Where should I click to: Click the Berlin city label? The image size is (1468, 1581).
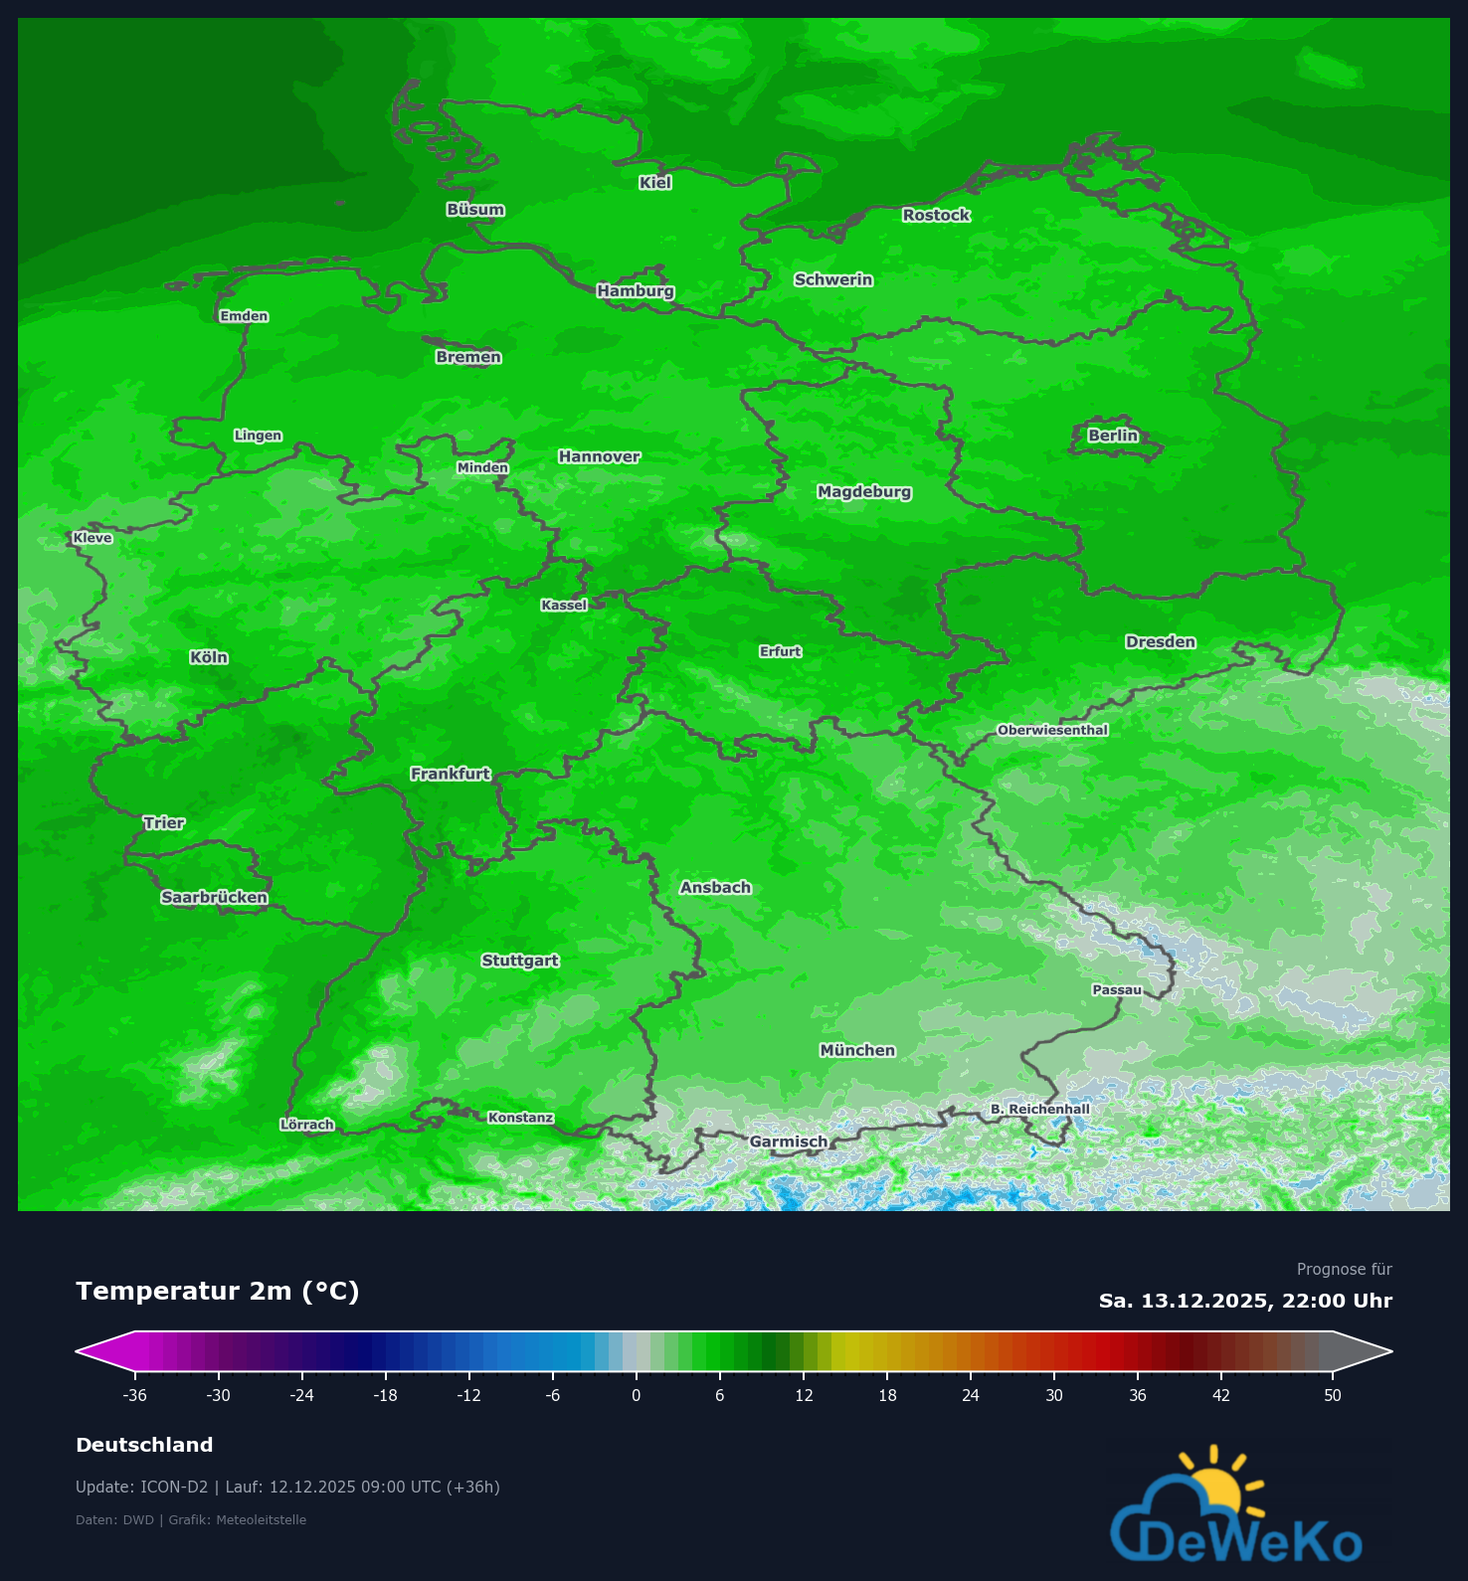coord(1112,436)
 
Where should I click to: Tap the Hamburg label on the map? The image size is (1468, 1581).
coord(636,291)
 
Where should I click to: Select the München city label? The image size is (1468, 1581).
coord(857,1051)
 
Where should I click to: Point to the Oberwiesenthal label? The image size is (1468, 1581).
coord(1052,731)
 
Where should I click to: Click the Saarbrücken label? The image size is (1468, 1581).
coord(215,898)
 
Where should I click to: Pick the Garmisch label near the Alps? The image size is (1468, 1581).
coord(788,1142)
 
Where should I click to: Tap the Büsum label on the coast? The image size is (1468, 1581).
coord(475,210)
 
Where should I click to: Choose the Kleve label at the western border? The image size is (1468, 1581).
coord(92,539)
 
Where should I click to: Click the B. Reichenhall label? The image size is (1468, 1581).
coord(1039,1110)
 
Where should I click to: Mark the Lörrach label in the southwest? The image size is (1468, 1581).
coord(307,1126)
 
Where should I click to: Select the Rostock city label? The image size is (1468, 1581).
coord(936,216)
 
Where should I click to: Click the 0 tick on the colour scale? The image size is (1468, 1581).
coord(636,1395)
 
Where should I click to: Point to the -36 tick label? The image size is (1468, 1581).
coord(134,1395)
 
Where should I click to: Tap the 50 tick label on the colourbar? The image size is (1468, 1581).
coord(1332,1395)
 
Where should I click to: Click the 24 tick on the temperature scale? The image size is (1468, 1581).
coord(970,1395)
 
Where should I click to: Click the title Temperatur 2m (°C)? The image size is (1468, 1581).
coord(218,1291)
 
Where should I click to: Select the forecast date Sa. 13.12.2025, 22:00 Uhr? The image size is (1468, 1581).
coord(1245,1301)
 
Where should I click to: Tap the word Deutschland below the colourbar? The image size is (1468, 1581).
coord(144,1445)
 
